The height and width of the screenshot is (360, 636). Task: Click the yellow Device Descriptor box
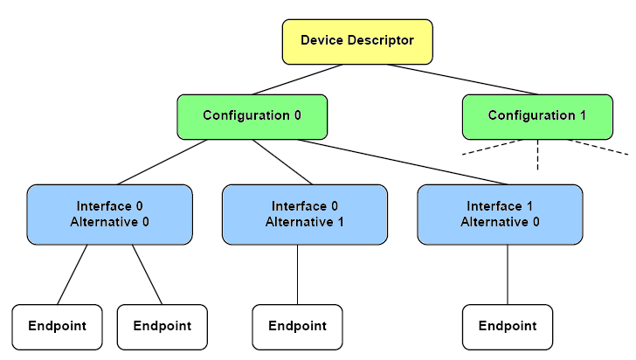click(x=357, y=42)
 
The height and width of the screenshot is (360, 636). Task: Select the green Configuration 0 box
click(x=252, y=117)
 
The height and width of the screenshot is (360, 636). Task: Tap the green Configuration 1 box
click(x=537, y=117)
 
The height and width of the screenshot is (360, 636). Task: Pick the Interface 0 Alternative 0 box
click(x=109, y=215)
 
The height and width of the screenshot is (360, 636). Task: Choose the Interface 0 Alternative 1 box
click(x=305, y=215)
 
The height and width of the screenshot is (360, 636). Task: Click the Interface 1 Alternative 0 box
click(x=500, y=215)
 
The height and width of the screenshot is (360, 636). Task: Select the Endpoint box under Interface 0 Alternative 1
click(x=297, y=327)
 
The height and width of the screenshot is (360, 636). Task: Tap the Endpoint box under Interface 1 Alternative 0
click(x=508, y=327)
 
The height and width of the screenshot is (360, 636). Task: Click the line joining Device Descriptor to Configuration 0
click(x=297, y=80)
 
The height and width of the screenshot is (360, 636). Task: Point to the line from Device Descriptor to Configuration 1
click(x=462, y=80)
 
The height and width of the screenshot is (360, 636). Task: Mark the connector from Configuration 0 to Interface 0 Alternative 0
click(x=162, y=163)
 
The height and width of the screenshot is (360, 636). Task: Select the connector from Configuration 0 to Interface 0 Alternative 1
click(x=282, y=163)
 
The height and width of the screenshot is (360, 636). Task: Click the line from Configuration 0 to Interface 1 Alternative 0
click(x=403, y=163)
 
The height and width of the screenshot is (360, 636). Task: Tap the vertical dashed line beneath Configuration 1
click(x=538, y=155)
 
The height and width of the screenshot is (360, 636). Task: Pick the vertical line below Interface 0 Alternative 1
click(x=297, y=274)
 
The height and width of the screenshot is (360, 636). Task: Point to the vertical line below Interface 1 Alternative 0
click(x=508, y=274)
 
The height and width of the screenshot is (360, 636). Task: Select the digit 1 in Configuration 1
click(x=583, y=115)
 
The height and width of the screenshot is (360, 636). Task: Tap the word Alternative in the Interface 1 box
click(x=494, y=222)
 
